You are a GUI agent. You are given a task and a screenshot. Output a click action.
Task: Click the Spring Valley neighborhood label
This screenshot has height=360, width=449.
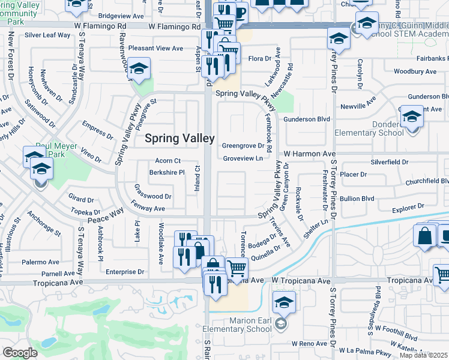(179, 138)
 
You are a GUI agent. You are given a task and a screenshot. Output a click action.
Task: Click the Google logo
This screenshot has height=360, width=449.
(20, 353)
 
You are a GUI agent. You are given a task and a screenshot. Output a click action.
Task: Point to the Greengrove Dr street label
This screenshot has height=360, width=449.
(243, 146)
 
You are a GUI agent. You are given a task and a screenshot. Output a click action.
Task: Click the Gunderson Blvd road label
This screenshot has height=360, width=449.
(307, 119)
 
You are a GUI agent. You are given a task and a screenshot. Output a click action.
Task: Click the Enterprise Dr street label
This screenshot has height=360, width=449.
(125, 272)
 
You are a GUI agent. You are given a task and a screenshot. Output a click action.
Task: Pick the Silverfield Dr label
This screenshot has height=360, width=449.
(389, 162)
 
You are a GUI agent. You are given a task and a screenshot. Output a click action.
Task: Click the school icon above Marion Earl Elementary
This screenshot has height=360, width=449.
(284, 303)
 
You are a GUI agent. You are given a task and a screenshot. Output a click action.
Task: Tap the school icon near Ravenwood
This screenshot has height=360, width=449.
(139, 69)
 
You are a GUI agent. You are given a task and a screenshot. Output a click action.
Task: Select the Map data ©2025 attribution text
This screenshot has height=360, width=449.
(424, 355)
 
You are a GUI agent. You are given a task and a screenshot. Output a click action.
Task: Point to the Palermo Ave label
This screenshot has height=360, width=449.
(41, 262)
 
